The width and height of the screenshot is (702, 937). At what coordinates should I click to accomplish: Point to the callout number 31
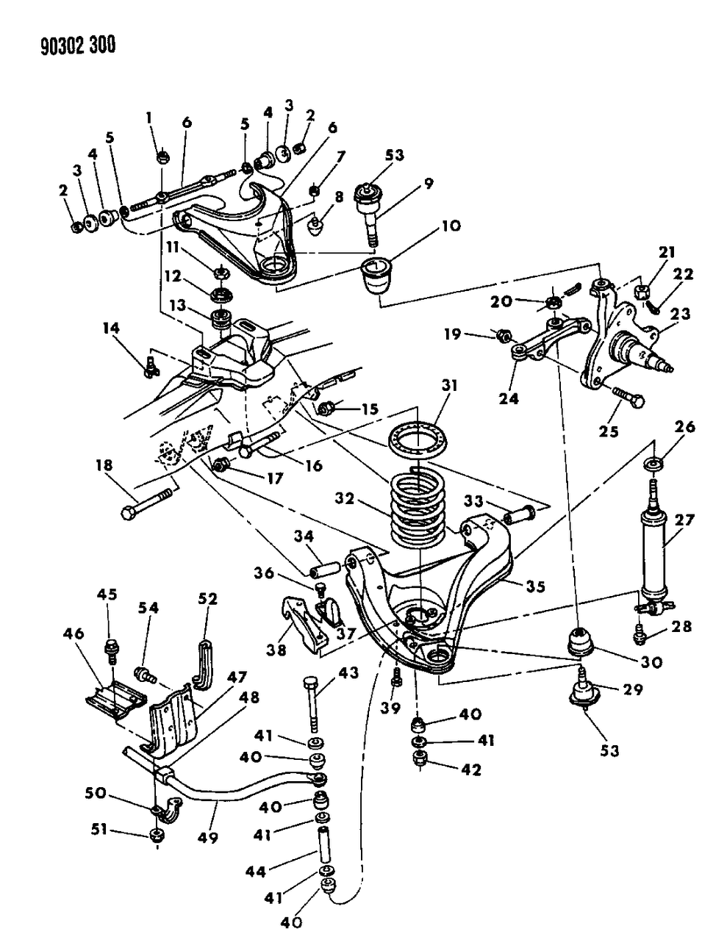click(x=449, y=385)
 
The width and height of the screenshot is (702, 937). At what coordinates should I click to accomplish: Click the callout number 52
click(x=208, y=599)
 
